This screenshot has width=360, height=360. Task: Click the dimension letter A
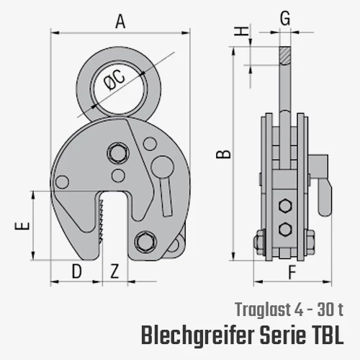pos(120,22)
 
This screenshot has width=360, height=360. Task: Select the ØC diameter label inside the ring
pos(114,81)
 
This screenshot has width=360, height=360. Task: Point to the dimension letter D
pos(77,271)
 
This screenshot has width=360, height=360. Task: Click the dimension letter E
pos(22,226)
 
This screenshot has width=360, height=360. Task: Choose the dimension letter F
pos(292,273)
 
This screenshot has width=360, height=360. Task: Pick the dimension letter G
pos(285,18)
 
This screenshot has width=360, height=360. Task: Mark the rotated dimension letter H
pos(241,31)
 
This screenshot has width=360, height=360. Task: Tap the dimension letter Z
pos(114,271)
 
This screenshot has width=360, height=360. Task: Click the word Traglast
pos(263,310)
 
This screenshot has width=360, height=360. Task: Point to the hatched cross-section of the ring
pos(285,55)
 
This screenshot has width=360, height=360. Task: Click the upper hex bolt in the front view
pos(118,153)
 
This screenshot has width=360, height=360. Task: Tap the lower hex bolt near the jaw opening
pos(145,242)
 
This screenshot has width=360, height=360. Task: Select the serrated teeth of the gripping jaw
pos(101,220)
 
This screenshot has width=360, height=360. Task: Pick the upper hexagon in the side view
pos(285,206)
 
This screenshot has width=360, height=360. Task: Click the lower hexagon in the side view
pos(285,230)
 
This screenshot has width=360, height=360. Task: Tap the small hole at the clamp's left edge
pos(62,182)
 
